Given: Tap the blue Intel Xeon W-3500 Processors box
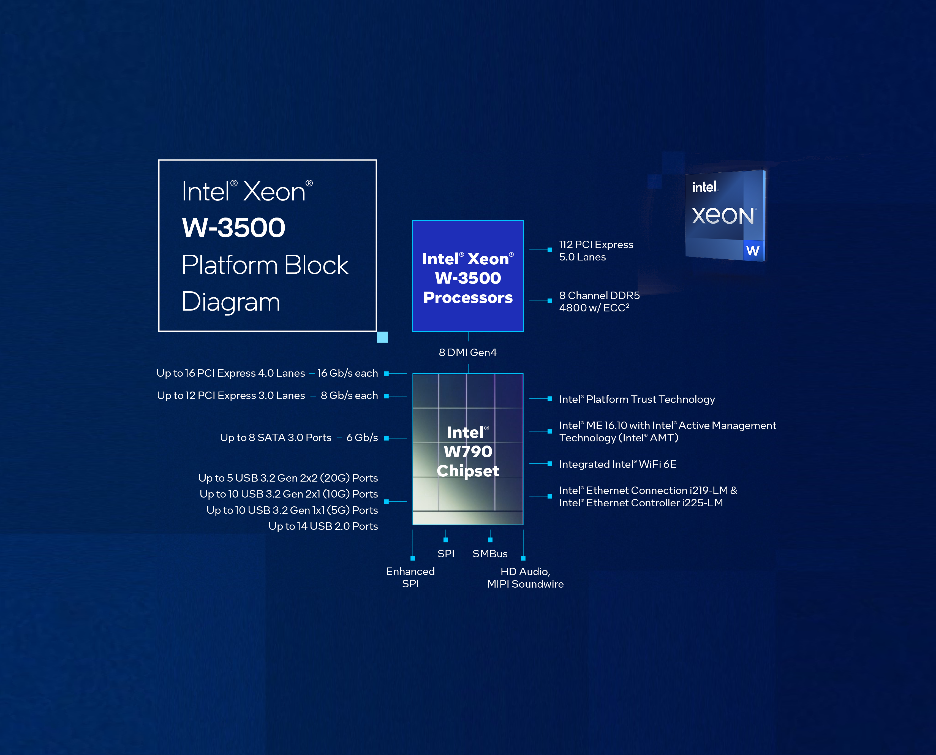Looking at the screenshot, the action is point(468,276).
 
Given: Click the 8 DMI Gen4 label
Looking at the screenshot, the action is point(468,352).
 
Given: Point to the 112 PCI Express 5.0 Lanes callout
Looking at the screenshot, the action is point(596,251).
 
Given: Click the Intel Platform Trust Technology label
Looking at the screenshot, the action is point(637,399).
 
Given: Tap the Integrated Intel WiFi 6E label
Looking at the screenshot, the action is point(618,464).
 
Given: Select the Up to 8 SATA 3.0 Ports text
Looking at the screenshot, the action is point(276,438).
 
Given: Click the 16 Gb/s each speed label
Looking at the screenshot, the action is point(347,373).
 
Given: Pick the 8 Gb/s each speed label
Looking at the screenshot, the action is point(349,395).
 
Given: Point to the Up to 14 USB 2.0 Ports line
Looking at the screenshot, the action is point(323,526).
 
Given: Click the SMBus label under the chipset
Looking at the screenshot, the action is point(490,554).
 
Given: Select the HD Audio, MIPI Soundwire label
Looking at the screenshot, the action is point(525,578).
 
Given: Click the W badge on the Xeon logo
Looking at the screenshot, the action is point(753,251).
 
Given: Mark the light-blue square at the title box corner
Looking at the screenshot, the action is point(382,337).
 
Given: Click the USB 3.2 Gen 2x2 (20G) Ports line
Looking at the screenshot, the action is point(288,478).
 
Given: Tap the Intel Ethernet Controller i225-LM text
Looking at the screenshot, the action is point(641,503).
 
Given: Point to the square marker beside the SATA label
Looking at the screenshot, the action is point(386,438).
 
